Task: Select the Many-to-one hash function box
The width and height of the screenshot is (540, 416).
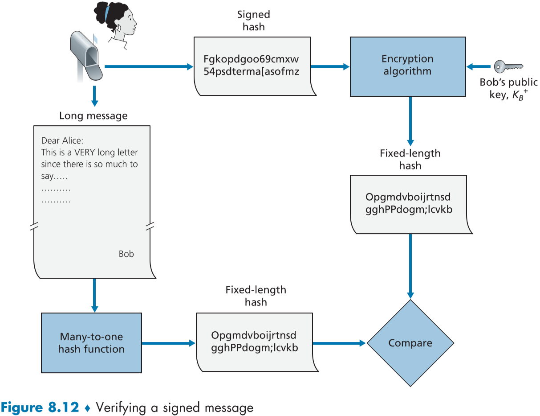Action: tap(91, 342)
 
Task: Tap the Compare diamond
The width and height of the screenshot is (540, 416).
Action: tap(410, 343)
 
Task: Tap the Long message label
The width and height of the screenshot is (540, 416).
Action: tap(93, 116)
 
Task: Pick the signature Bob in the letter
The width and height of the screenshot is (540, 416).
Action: tap(126, 254)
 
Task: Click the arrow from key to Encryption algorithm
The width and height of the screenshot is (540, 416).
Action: tap(479, 67)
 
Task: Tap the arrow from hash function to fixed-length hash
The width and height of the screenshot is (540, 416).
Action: tap(168, 343)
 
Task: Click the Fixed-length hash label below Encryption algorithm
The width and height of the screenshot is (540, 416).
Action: tap(410, 159)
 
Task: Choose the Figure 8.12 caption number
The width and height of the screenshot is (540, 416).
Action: tap(40, 407)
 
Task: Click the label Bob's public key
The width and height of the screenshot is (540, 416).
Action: tap(508, 88)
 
